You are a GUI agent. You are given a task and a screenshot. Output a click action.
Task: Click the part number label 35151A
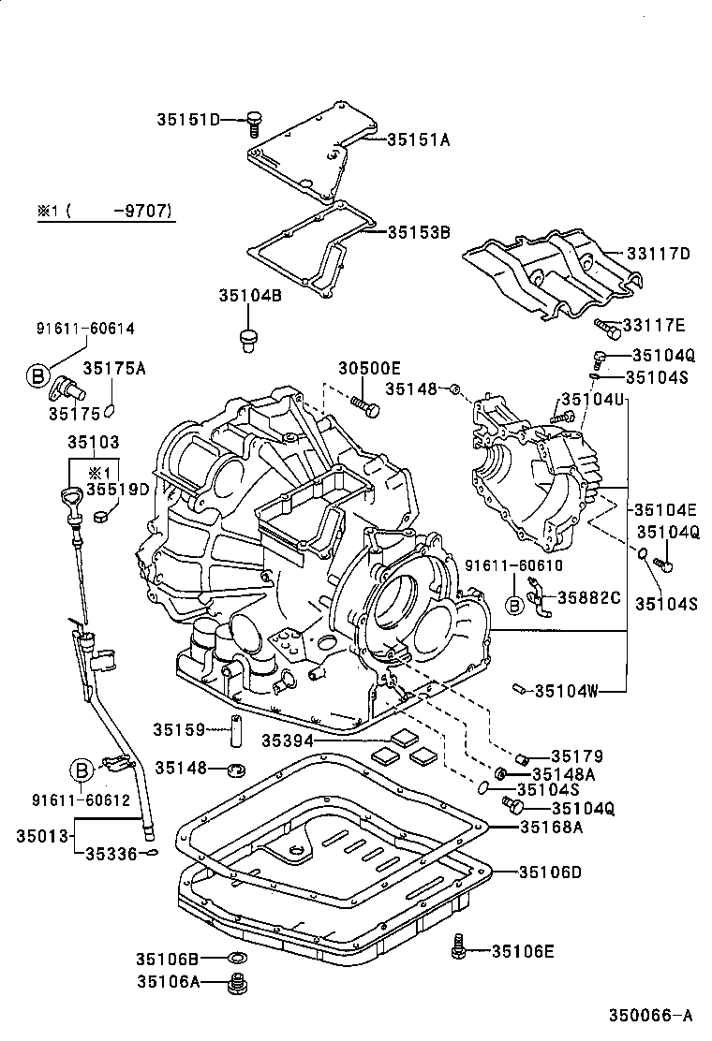pos(419,139)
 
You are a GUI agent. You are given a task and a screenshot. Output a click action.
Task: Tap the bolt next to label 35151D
pos(253,121)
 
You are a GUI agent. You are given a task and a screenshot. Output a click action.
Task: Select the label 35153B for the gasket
pos(419,231)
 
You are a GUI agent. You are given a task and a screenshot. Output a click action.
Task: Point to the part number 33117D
pos(658,253)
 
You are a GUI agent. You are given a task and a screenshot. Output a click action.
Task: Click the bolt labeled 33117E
pos(609,327)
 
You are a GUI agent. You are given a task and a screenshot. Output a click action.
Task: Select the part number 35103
pos(93,440)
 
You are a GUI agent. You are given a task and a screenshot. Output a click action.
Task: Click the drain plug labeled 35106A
pos(240,983)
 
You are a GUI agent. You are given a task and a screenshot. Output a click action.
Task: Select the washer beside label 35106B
pos(238,959)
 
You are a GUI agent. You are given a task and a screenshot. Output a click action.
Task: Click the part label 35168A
pos(551,827)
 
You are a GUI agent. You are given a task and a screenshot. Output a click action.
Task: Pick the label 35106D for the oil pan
pos(551,872)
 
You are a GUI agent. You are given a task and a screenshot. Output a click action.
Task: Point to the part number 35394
pos(286,740)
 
